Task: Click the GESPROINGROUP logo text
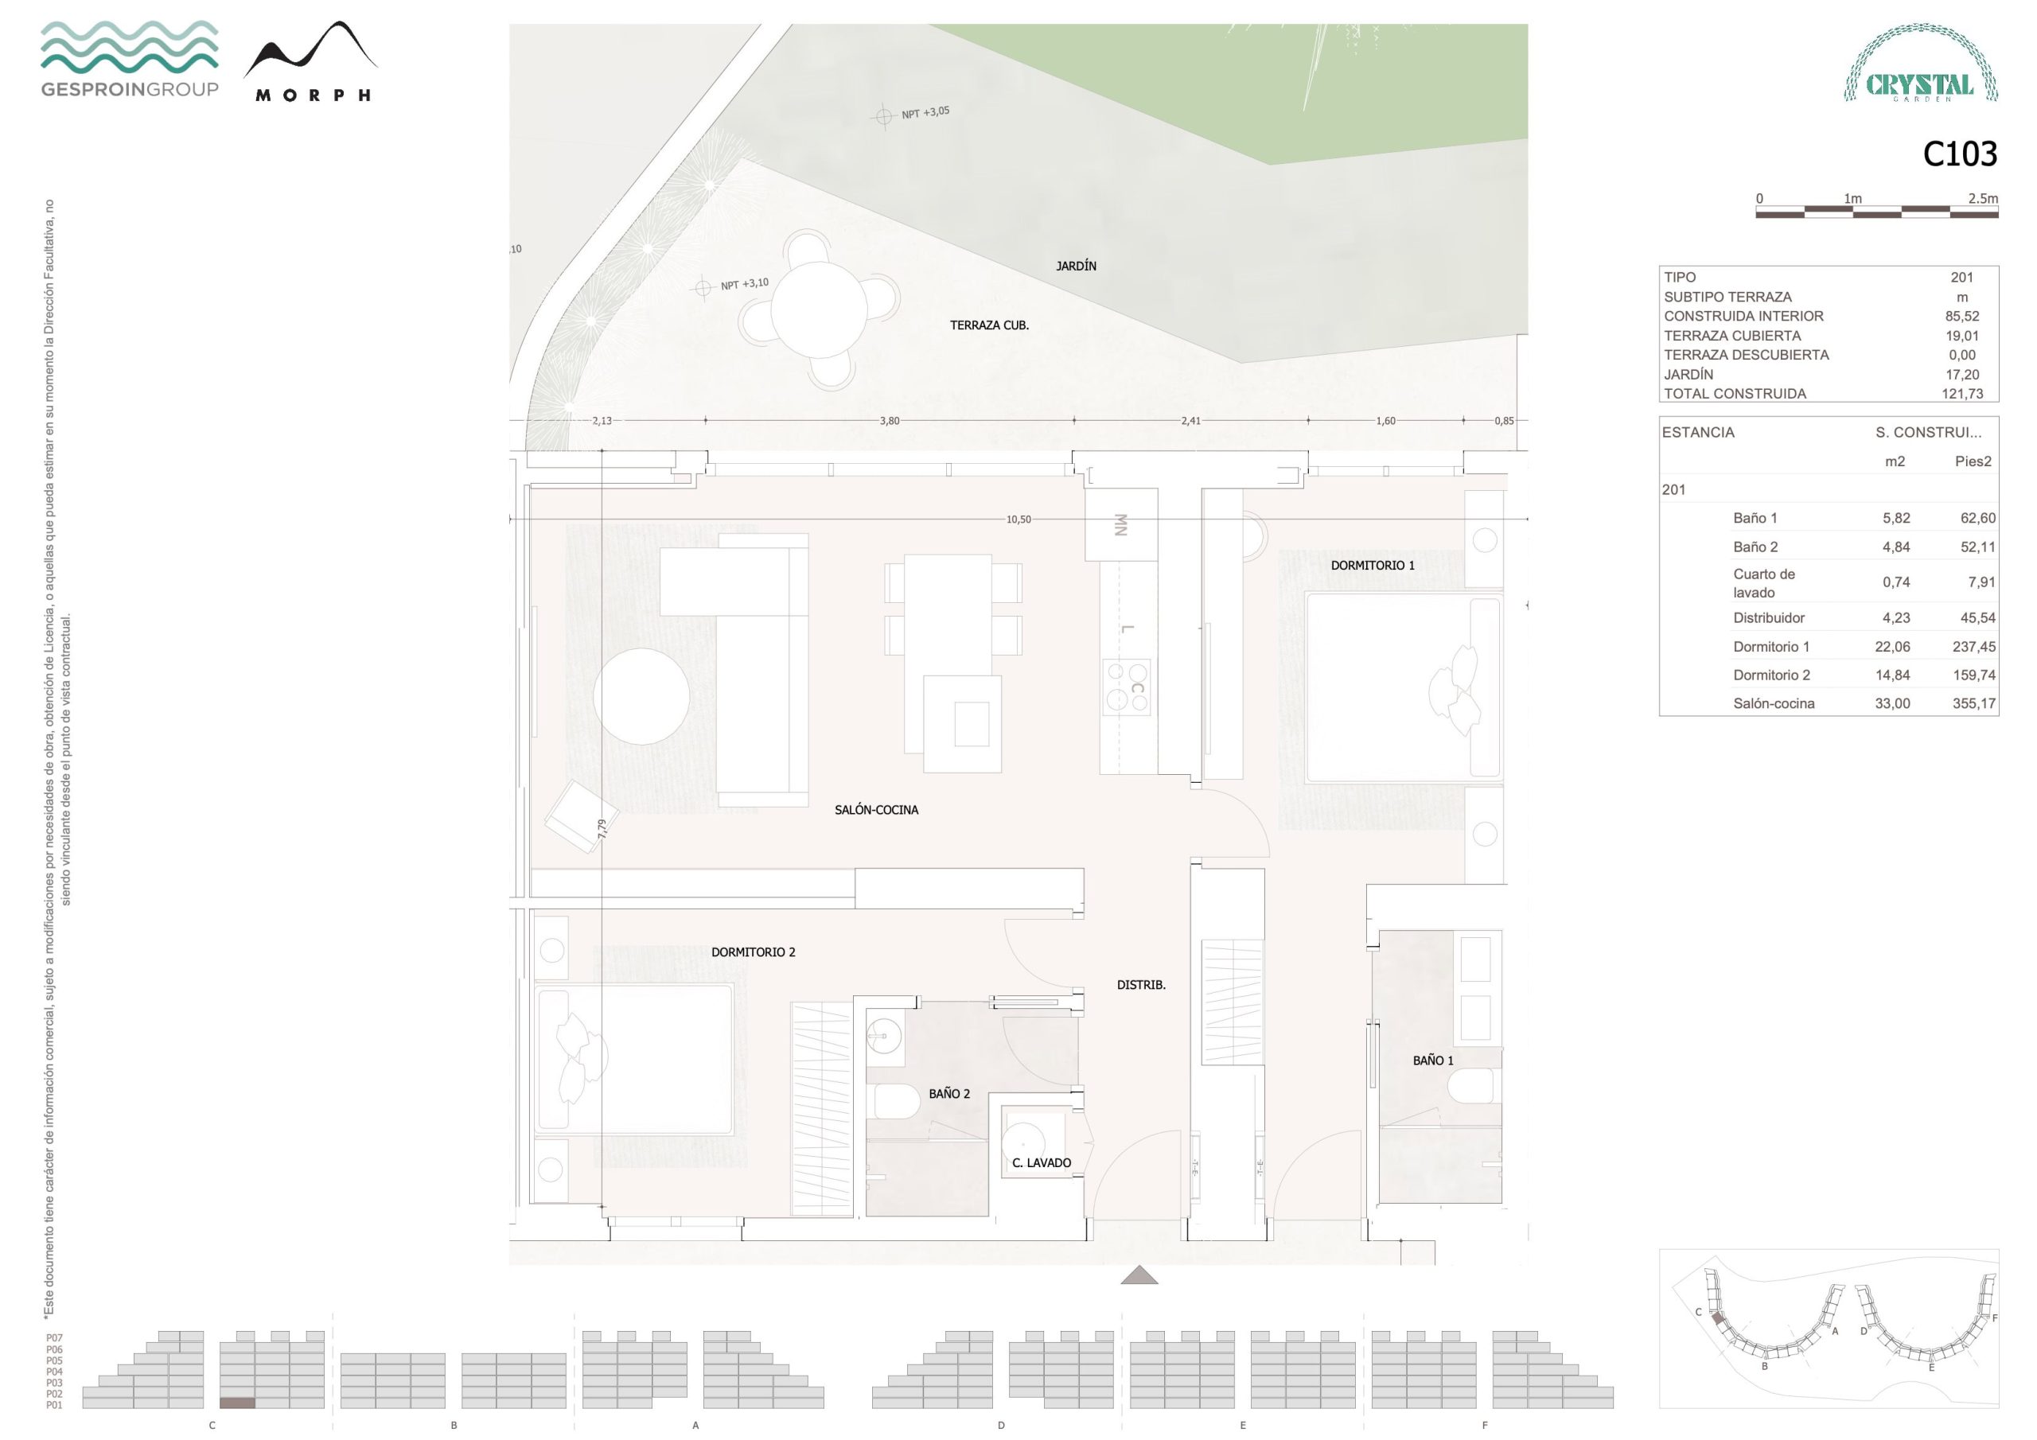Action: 130,89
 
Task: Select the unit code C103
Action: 1960,154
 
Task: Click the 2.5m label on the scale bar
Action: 1983,199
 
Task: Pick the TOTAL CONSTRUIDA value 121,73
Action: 1961,394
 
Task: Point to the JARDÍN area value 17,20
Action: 1961,375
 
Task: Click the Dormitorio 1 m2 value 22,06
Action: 1892,647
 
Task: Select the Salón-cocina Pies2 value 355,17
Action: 1974,703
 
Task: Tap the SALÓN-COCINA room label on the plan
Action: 877,810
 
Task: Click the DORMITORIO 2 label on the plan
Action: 754,952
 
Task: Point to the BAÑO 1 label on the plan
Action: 1433,1061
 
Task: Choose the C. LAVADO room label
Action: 1042,1162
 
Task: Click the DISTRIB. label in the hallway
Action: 1141,985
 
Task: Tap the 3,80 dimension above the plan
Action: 889,421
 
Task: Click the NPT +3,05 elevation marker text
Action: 925,113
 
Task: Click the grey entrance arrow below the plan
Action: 1139,1276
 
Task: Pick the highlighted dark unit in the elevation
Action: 237,1403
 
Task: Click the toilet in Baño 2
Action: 897,1103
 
